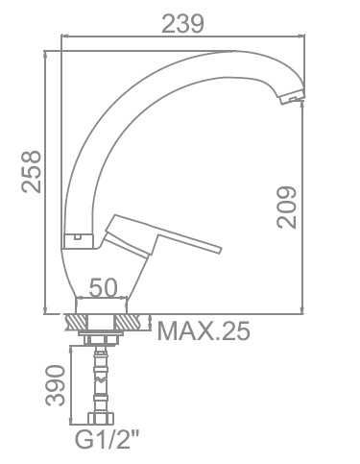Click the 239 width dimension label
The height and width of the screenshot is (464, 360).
coord(182,24)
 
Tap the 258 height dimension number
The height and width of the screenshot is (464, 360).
coord(32,172)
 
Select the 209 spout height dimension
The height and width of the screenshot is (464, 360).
coord(286,208)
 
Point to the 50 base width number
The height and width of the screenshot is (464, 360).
coord(103,287)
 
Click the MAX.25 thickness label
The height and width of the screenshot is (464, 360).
coord(204,330)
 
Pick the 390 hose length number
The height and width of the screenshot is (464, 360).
coord(55,385)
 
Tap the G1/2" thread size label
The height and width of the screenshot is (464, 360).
coord(108,439)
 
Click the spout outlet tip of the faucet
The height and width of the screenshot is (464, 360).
coord(292,99)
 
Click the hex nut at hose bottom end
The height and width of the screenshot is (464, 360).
coord(101,419)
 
